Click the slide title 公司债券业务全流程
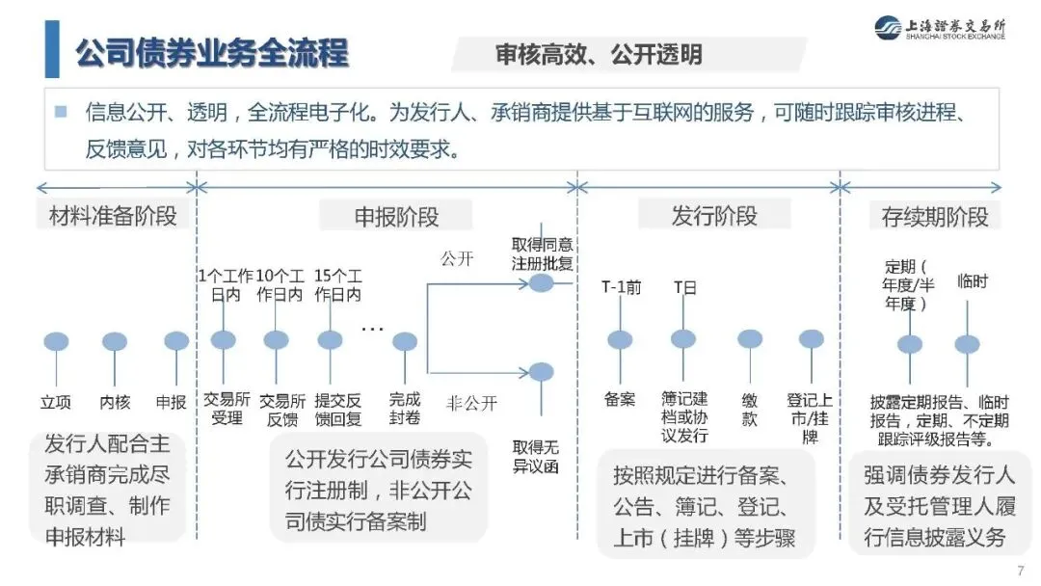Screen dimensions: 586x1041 (212, 53)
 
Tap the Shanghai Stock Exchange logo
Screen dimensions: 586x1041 (939, 29)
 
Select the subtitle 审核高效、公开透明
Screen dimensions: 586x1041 (599, 55)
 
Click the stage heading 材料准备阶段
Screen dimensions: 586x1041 (113, 216)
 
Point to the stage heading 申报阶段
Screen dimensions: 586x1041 (396, 216)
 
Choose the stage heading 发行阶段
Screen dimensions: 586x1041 (714, 216)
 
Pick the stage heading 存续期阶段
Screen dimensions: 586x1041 (935, 216)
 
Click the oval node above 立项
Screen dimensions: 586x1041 (57, 341)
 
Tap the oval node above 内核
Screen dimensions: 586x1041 (115, 341)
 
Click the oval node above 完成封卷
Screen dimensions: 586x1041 (405, 341)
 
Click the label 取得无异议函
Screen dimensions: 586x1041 (536, 457)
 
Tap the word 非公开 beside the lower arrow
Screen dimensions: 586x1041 (471, 403)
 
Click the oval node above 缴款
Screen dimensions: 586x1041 (750, 339)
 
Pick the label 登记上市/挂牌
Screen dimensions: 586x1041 (810, 417)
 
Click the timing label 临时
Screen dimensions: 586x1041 (972, 281)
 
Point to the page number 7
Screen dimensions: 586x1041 (1021, 568)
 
